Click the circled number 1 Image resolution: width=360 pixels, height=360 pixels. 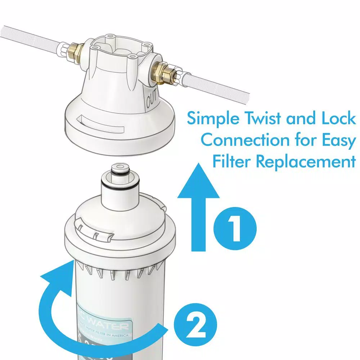click(x=235, y=228)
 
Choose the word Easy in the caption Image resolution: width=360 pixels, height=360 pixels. click(x=336, y=141)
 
